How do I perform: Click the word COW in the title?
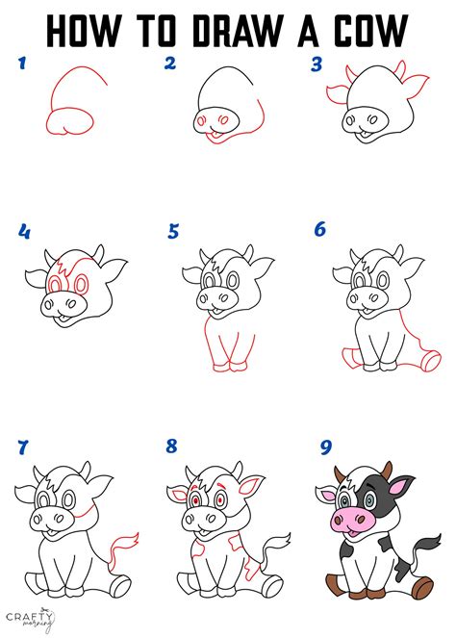pos(370,30)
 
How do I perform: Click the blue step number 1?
pos(22,63)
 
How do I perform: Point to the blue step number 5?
pos(173,231)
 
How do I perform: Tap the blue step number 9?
pos(326,447)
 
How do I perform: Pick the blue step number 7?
pos(23,447)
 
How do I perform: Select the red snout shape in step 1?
pos(69,121)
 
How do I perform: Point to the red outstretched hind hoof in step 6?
pos(430,361)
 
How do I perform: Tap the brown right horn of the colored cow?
pos(387,470)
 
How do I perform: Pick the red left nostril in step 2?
pos(201,121)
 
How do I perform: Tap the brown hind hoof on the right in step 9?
pos(423,586)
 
